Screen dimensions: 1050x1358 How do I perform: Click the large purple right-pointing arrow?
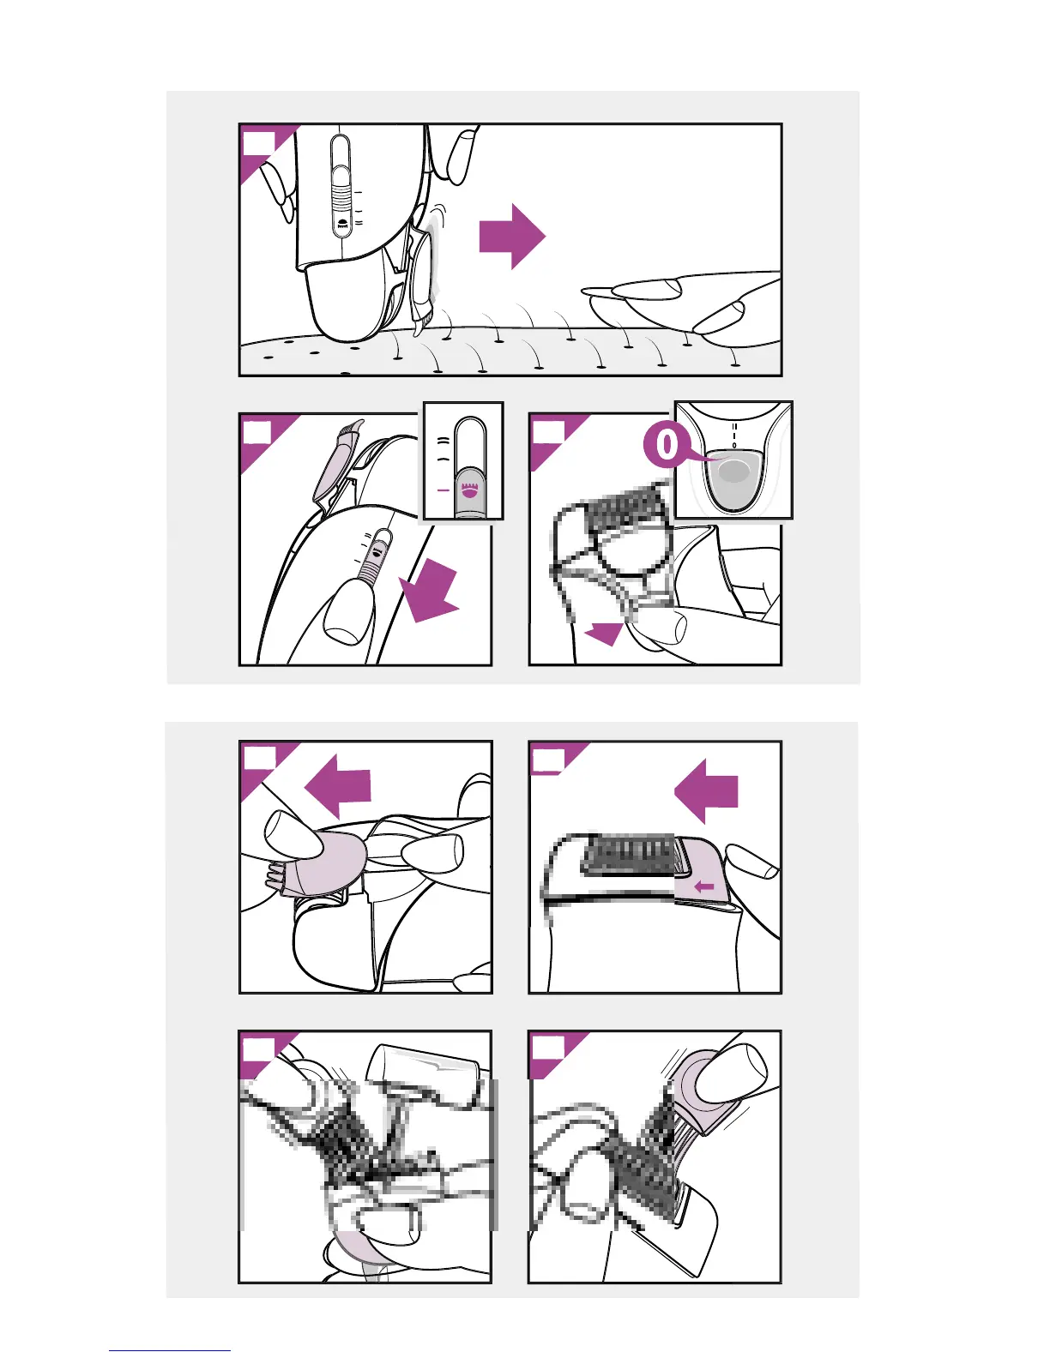512,237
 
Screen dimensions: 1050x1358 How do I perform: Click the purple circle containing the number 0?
667,444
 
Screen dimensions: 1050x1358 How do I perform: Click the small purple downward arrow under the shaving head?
605,634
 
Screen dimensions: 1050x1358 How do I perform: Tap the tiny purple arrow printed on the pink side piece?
703,886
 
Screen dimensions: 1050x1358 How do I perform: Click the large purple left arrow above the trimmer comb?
706,791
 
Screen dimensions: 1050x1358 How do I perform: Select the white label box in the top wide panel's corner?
258,142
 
